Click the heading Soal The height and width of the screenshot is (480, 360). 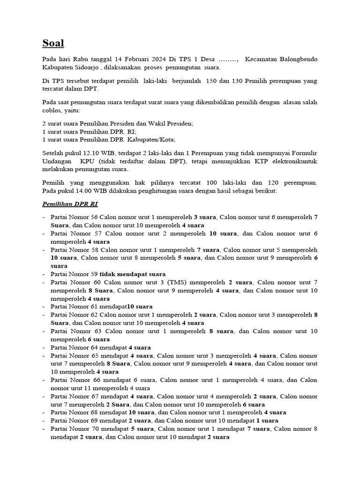click(x=53, y=44)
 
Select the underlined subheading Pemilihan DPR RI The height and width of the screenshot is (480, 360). click(x=70, y=204)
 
